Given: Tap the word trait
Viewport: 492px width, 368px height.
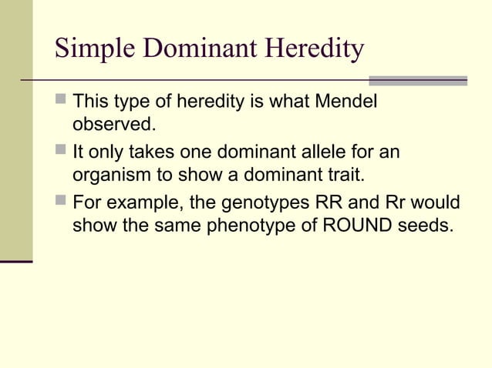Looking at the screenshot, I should pos(342,173).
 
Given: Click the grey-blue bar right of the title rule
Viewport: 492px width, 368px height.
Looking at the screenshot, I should pos(418,80).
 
